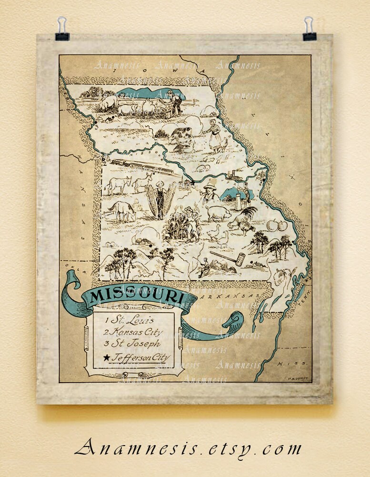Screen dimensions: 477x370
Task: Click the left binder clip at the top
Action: click(62, 30)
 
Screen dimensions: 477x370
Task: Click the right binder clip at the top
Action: click(309, 30)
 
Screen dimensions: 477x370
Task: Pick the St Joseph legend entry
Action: click(133, 344)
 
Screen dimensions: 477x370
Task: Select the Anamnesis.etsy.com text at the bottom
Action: click(188, 448)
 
